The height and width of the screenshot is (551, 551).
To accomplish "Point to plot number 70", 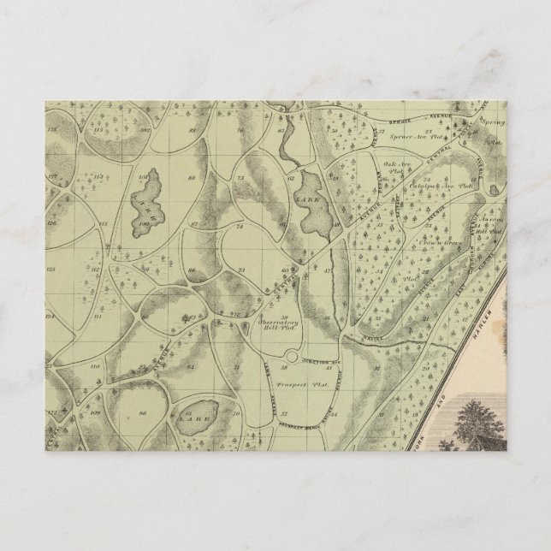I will [240, 131].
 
